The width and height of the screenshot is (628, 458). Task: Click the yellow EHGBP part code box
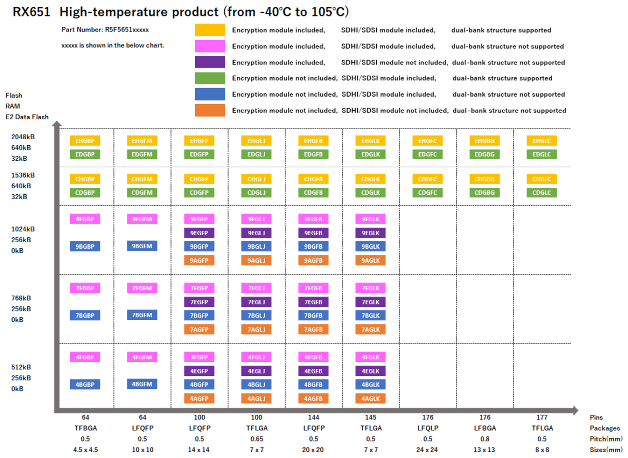click(x=85, y=141)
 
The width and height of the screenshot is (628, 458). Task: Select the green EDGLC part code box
click(x=541, y=154)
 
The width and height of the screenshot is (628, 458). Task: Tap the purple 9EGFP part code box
click(x=199, y=233)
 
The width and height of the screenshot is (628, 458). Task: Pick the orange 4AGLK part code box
click(x=370, y=398)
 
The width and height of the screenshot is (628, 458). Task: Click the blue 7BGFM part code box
click(x=142, y=315)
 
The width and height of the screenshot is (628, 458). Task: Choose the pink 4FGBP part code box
click(x=85, y=357)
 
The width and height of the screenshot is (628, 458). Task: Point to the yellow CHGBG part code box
click(x=484, y=179)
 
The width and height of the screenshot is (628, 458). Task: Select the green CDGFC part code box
click(x=427, y=193)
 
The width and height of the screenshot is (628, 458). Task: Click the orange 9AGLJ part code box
click(x=256, y=260)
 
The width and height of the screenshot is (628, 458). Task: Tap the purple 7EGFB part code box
click(x=313, y=302)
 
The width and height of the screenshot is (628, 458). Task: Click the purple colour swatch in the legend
click(x=210, y=62)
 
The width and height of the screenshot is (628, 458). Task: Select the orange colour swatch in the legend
click(x=210, y=110)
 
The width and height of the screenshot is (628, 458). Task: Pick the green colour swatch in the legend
click(x=210, y=78)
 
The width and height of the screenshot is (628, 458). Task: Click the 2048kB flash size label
click(x=22, y=137)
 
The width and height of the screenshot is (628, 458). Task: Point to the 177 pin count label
click(x=541, y=417)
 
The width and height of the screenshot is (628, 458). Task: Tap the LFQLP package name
click(x=427, y=428)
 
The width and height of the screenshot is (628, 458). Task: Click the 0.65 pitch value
click(x=256, y=439)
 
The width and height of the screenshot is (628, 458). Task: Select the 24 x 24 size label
click(x=427, y=449)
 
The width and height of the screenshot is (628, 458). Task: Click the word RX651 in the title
click(x=31, y=12)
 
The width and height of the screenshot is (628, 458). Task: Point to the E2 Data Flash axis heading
click(x=27, y=117)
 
